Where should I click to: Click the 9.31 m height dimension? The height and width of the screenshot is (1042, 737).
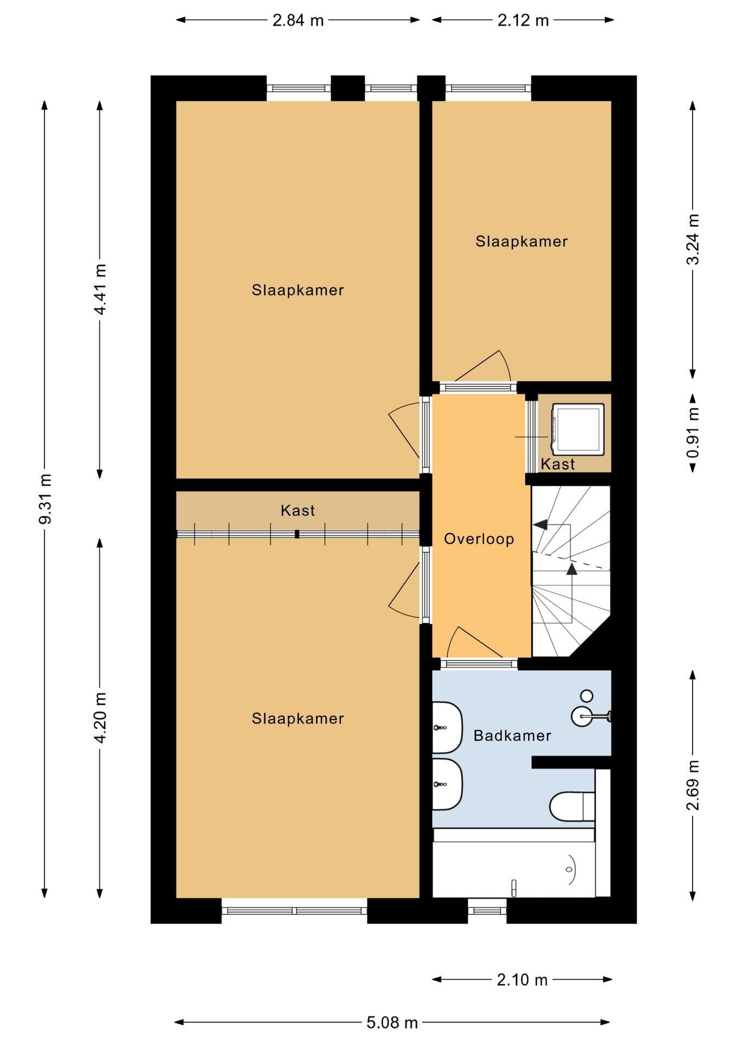coord(46,499)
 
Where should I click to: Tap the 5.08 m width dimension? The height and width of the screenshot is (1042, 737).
coord(392,1022)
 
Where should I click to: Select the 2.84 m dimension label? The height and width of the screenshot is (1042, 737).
coord(298,20)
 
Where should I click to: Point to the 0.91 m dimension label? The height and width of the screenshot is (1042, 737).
coord(693,433)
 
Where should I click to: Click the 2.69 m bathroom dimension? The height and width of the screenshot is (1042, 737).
coord(693,785)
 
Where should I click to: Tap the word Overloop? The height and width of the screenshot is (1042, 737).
coord(479,539)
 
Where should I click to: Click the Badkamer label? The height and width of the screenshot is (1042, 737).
coord(512,735)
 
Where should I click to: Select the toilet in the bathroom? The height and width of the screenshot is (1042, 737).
coord(572,806)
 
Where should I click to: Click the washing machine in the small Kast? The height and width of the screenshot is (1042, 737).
coord(577,429)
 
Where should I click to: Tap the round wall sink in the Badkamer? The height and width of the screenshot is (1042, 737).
coord(582,716)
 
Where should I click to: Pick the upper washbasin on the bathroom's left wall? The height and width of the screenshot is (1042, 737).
coord(447,727)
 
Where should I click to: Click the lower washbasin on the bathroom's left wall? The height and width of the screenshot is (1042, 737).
coord(447,784)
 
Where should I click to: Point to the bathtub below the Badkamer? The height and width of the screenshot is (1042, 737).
coord(513,862)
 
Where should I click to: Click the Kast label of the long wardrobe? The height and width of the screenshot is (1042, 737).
coord(298,510)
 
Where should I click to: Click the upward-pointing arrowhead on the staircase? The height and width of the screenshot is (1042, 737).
coord(571,568)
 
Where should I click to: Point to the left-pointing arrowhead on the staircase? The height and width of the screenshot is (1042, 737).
coord(541,524)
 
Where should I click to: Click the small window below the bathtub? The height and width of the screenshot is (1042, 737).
coord(487,910)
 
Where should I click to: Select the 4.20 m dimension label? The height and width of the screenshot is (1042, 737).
coord(100,717)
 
